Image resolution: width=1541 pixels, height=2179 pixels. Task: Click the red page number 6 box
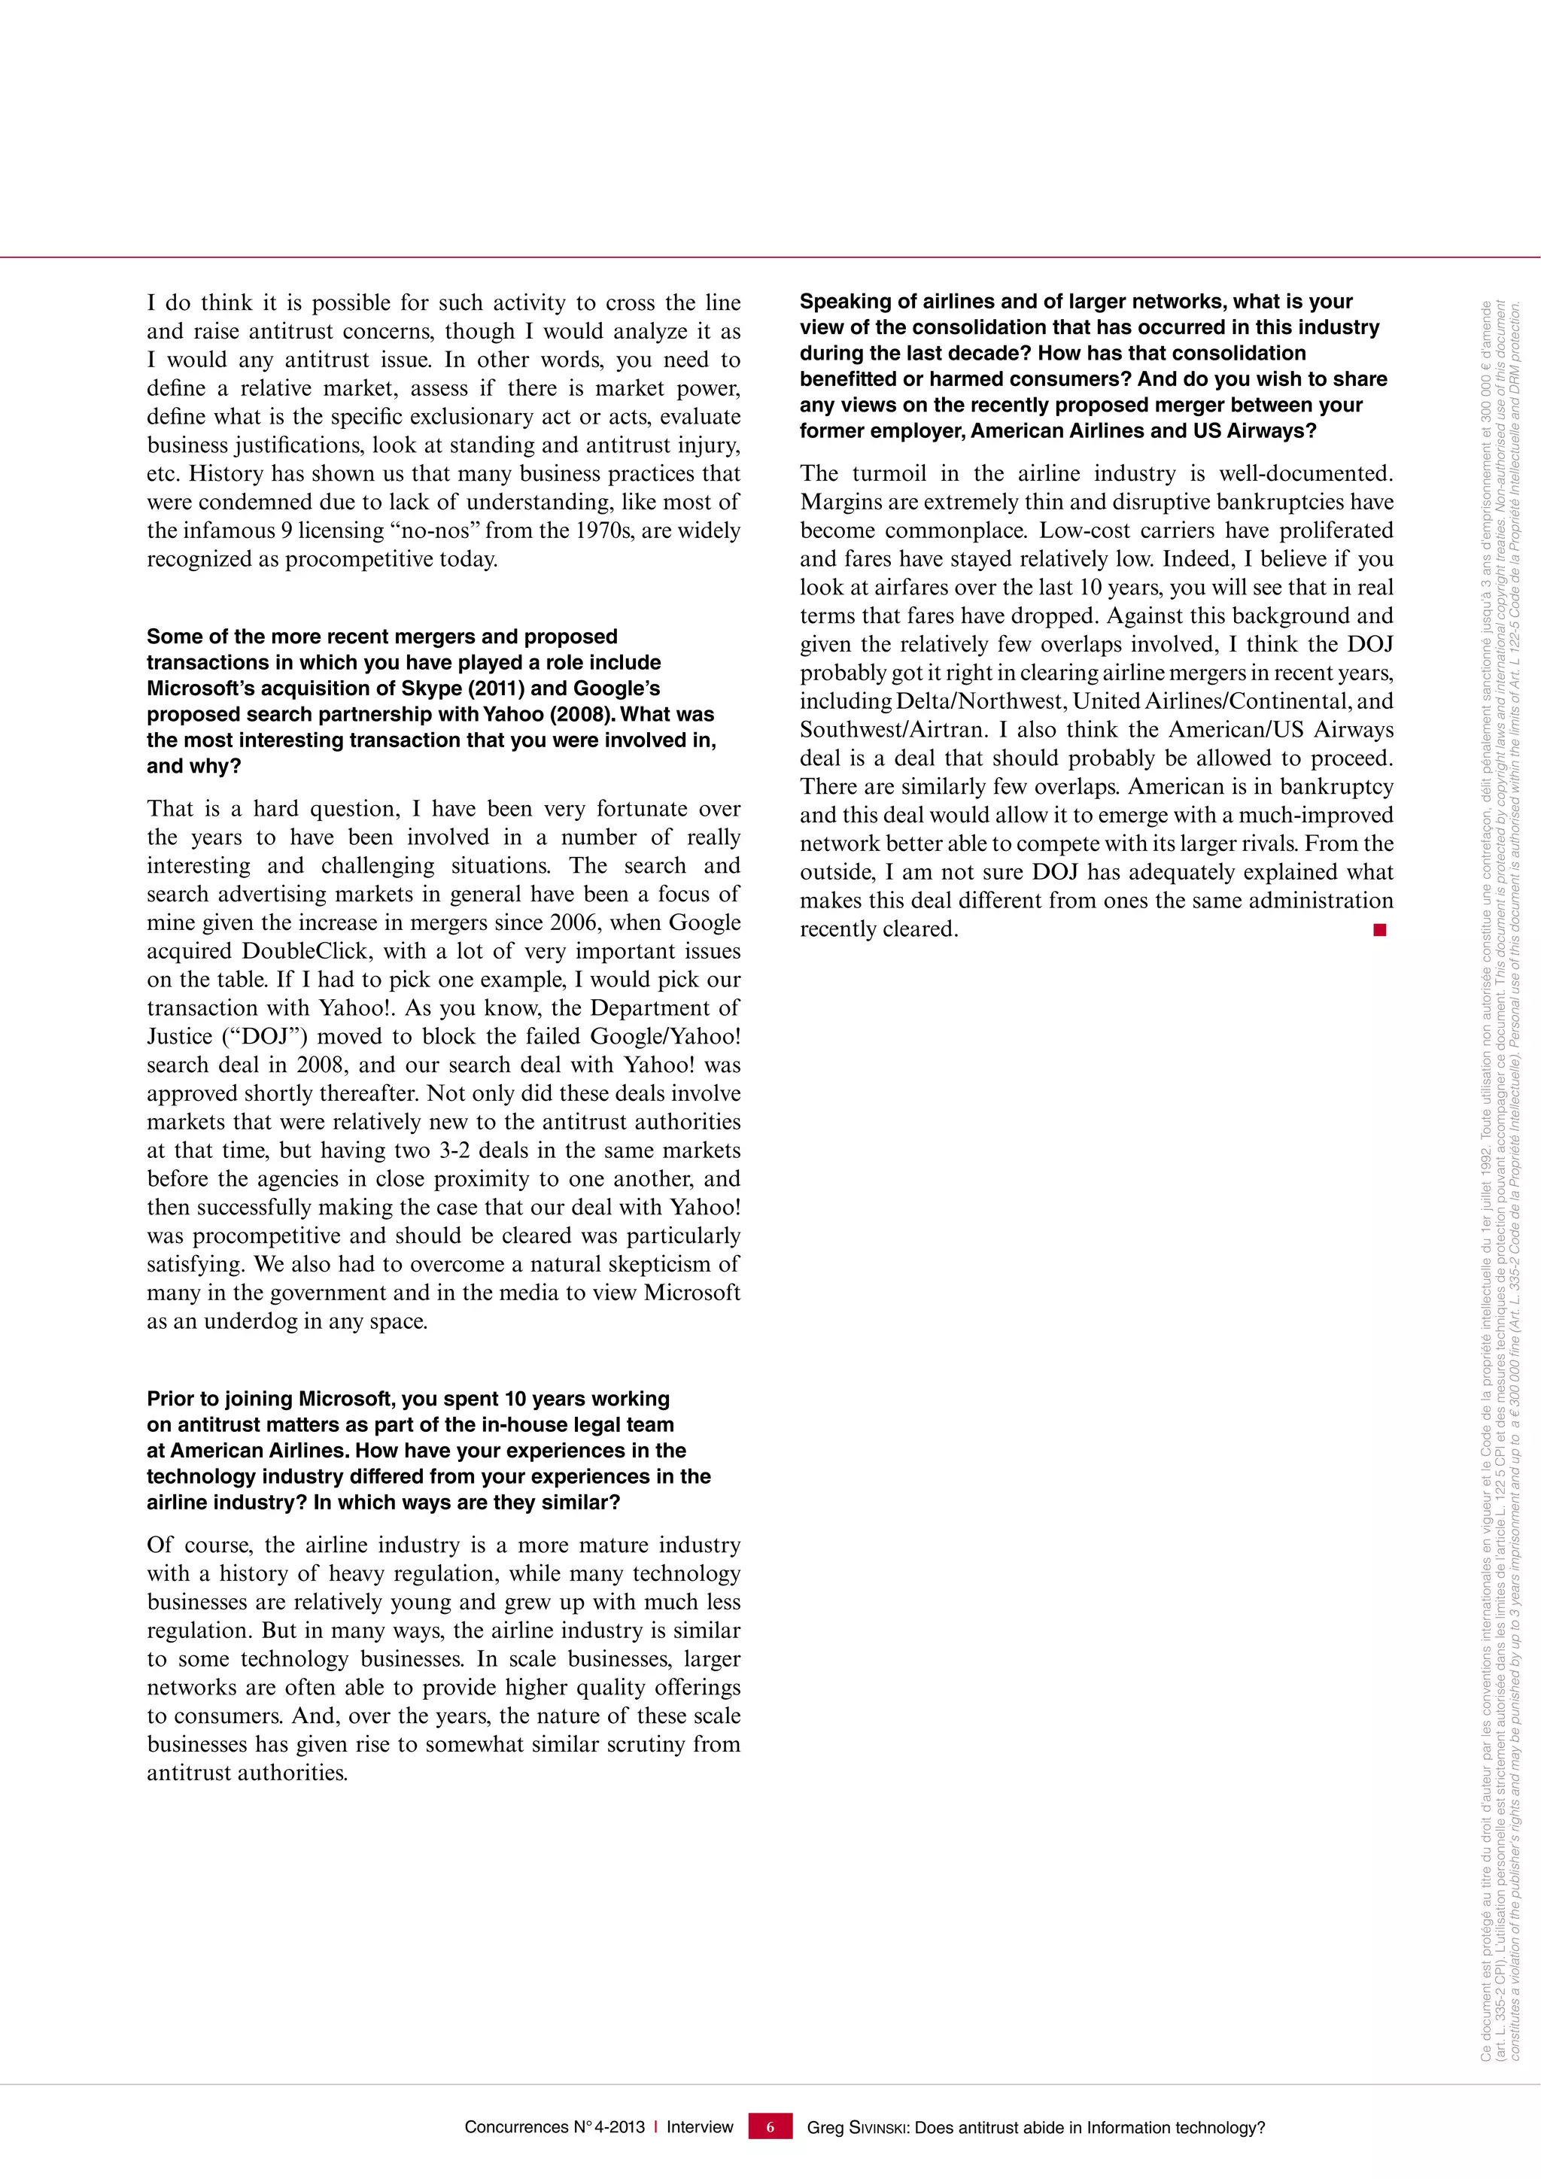770,2127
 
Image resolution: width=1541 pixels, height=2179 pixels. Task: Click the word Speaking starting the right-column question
843,302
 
